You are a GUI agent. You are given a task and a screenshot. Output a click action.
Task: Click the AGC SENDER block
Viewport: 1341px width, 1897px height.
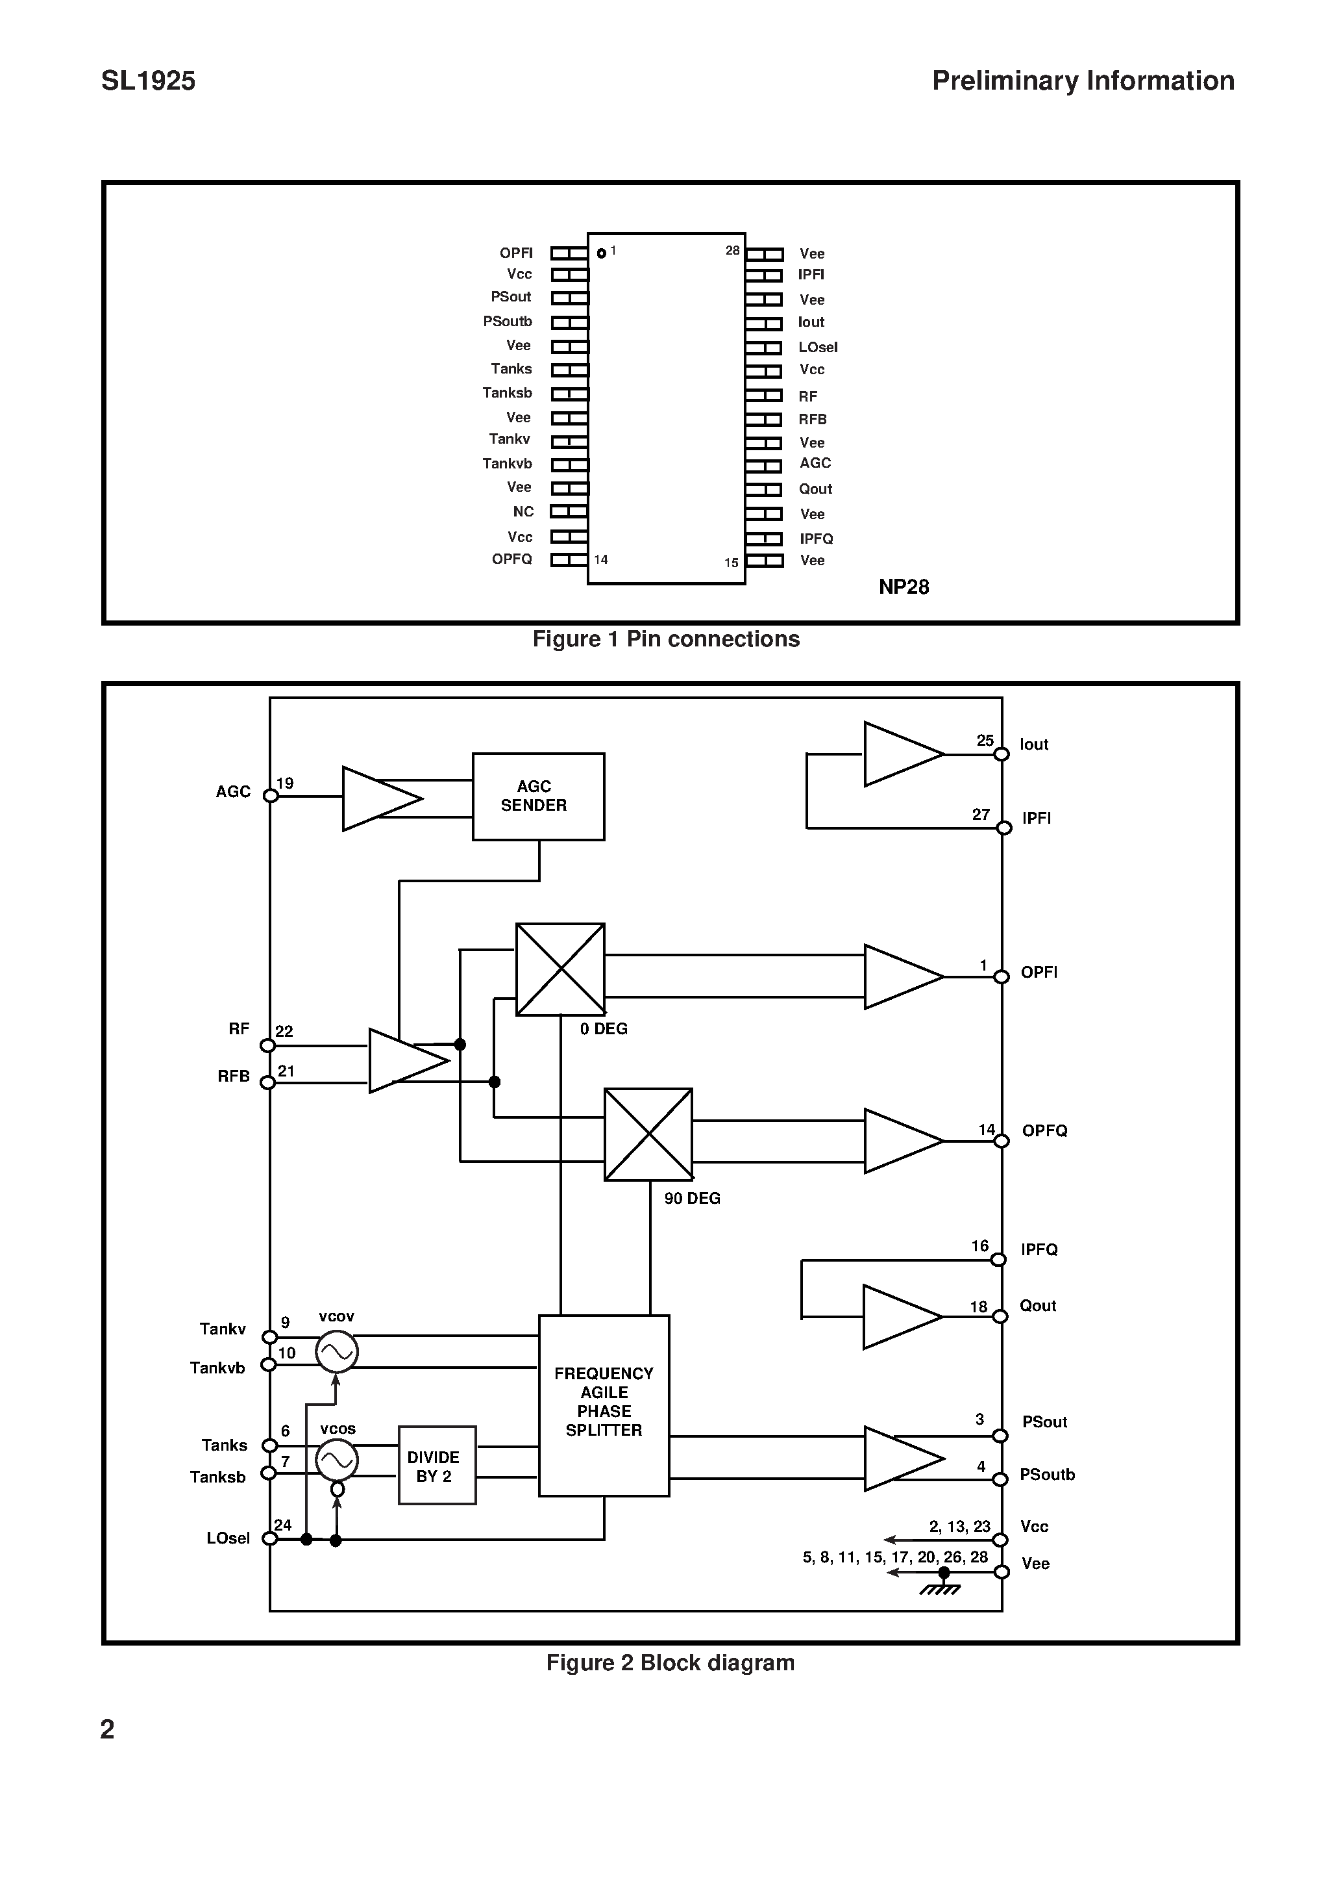tap(537, 796)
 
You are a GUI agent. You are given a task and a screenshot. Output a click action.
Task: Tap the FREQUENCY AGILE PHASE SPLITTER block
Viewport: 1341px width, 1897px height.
tap(604, 1405)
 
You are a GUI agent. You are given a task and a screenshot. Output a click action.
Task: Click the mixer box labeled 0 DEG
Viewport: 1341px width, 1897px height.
tap(560, 969)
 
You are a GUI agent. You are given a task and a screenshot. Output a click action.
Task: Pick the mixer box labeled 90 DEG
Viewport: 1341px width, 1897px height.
tap(648, 1134)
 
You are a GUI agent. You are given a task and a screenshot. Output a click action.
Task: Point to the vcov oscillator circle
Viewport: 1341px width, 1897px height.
tap(337, 1353)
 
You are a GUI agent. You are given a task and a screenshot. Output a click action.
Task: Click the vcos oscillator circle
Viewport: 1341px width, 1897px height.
tap(337, 1461)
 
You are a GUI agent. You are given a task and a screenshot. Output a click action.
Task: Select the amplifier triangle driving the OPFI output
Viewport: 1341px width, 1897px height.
tap(900, 976)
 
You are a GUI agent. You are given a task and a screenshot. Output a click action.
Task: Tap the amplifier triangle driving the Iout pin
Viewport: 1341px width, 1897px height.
tap(900, 754)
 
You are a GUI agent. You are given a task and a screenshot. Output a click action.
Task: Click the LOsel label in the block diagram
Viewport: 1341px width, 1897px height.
tap(228, 1538)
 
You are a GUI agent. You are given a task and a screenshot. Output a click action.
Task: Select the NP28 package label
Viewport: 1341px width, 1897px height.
tap(904, 587)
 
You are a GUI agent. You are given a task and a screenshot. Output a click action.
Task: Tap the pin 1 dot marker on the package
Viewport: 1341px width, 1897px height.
tap(601, 253)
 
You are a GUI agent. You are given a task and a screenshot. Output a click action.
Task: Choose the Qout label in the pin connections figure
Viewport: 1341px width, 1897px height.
tap(815, 489)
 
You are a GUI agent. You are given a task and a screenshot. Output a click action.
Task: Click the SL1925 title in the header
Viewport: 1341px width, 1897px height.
tap(149, 81)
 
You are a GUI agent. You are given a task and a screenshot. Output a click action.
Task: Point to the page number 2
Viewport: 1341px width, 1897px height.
tap(107, 1729)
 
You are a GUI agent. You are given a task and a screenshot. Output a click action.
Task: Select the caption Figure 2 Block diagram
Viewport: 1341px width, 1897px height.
tap(670, 1663)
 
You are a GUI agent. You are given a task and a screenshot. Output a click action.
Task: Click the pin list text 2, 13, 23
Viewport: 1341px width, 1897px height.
tap(959, 1527)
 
